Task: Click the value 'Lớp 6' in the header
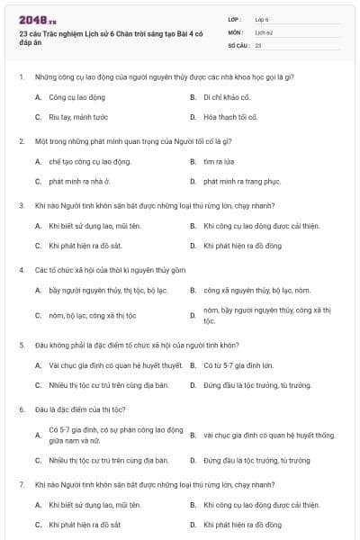(x=263, y=18)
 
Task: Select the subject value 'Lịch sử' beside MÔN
(x=264, y=31)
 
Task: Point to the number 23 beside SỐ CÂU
(x=258, y=44)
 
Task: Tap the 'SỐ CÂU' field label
(x=238, y=44)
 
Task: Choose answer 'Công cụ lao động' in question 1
(x=76, y=96)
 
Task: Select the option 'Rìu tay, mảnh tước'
(x=78, y=117)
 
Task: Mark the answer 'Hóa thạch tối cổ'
(x=230, y=117)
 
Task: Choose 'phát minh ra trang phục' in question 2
(x=238, y=182)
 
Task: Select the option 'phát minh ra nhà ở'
(x=78, y=182)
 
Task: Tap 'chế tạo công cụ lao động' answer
(x=90, y=161)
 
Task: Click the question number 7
(x=22, y=484)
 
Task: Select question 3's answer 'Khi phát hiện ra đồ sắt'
(x=85, y=246)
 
